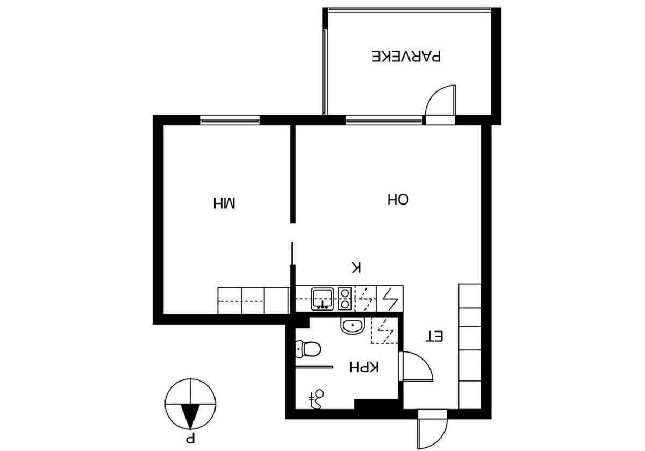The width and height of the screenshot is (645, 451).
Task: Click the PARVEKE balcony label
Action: click(x=406, y=56)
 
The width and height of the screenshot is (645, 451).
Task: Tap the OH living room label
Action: click(x=398, y=199)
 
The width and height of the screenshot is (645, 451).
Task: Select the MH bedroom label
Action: click(x=224, y=203)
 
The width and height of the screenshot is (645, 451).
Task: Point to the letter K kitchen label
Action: click(x=356, y=267)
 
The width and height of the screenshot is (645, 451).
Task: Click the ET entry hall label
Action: click(x=434, y=336)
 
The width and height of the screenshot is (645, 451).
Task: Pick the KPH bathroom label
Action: click(x=364, y=368)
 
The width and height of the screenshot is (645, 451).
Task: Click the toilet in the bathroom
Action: click(x=308, y=349)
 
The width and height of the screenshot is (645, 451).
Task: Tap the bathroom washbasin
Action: click(x=353, y=326)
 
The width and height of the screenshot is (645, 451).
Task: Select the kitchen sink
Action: click(x=322, y=299)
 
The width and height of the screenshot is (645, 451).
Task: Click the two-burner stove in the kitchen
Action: click(x=345, y=299)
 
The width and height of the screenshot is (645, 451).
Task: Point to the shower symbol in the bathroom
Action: click(x=317, y=399)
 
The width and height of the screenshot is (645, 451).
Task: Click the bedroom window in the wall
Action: click(x=230, y=120)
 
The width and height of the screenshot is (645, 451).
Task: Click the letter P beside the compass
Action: click(x=191, y=440)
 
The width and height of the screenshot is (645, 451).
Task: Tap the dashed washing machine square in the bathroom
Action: click(x=384, y=330)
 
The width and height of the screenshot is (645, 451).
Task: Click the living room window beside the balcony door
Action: click(x=384, y=120)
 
